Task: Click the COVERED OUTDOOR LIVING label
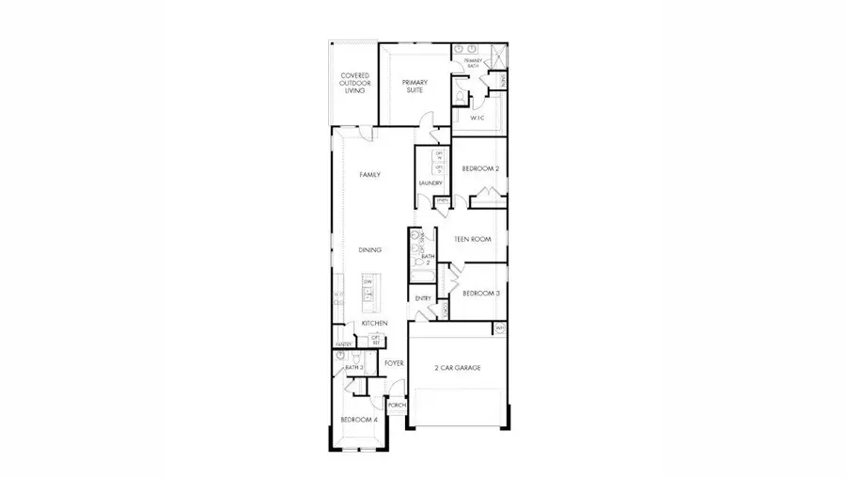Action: [354, 83]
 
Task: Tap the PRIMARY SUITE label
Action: [414, 86]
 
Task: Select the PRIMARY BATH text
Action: [472, 63]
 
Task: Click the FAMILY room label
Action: [369, 175]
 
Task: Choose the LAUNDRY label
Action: [430, 183]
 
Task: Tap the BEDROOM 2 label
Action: [479, 169]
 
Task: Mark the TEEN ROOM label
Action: [473, 240]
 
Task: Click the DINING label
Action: [369, 249]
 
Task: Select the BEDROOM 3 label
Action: [479, 294]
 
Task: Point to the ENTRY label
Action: [423, 298]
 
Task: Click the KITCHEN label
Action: [374, 323]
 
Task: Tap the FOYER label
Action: [394, 361]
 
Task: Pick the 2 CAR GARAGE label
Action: [457, 367]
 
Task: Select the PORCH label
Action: [397, 406]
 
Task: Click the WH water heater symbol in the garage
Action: [500, 327]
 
